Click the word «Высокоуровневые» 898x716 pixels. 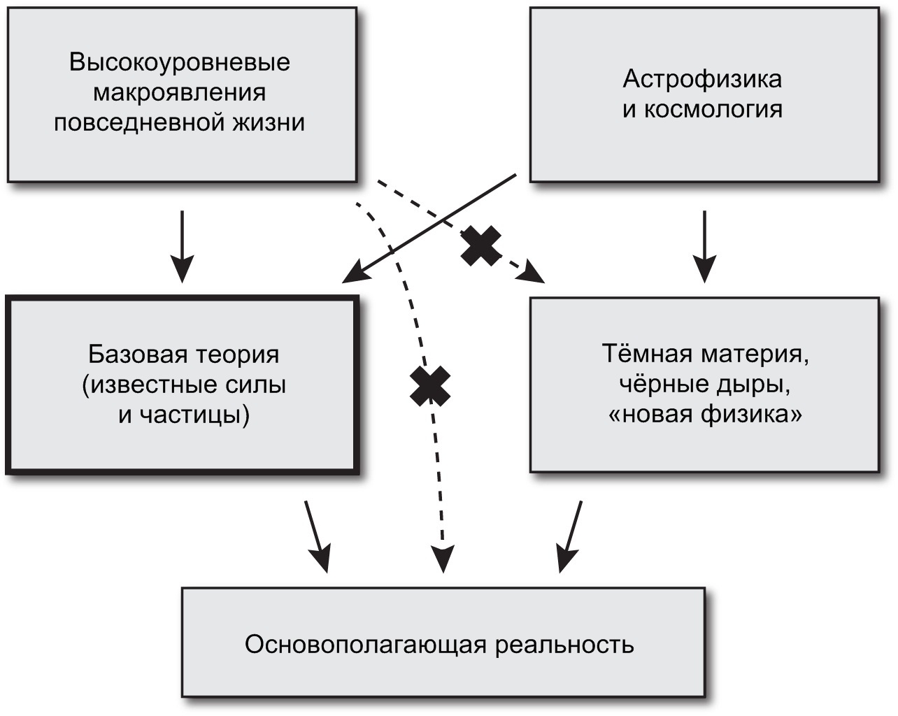pyautogui.click(x=180, y=62)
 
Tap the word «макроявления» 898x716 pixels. pyautogui.click(x=180, y=92)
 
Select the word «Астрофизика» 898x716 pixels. pyautogui.click(x=702, y=78)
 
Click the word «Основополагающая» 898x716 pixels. pyautogui.click(x=364, y=643)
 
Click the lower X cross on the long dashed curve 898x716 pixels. pyautogui.click(x=430, y=386)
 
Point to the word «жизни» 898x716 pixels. pyautogui.click(x=270, y=122)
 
